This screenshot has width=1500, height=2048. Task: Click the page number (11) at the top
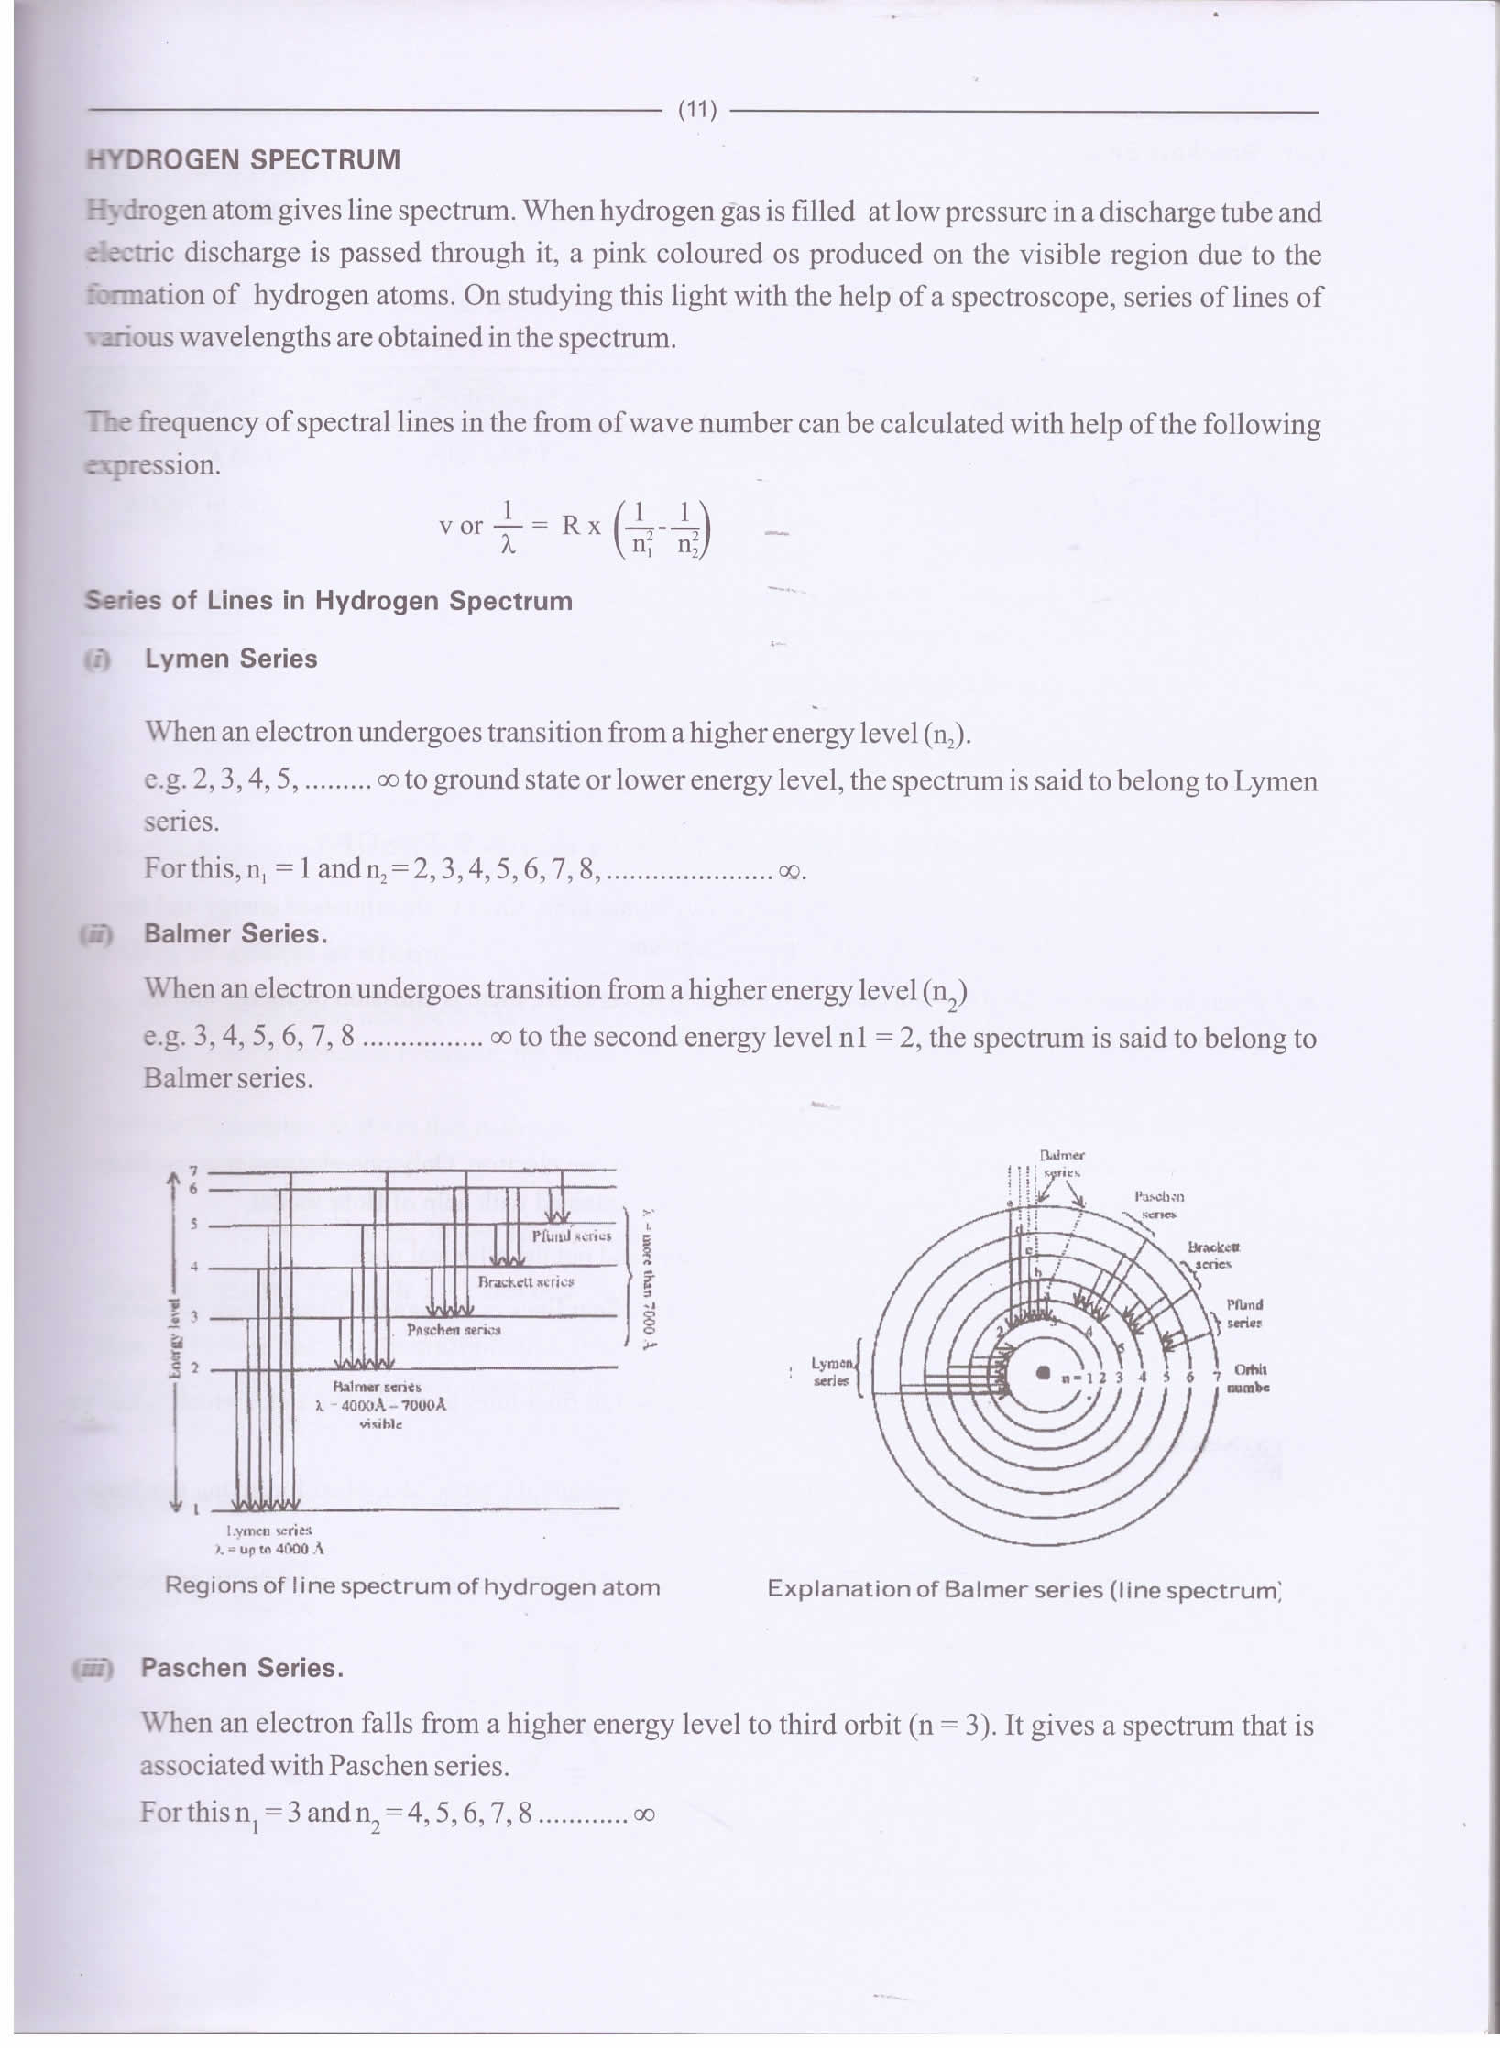[x=696, y=111]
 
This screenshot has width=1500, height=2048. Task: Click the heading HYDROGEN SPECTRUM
[x=243, y=159]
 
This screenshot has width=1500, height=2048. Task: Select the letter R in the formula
[x=571, y=526]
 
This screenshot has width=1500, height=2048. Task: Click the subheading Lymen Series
[x=230, y=659]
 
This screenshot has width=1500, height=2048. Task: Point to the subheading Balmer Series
[x=235, y=933]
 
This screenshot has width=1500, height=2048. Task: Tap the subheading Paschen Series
[x=242, y=1667]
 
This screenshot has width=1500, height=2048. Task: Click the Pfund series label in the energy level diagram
[x=571, y=1236]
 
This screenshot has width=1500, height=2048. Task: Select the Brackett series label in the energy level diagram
[x=526, y=1281]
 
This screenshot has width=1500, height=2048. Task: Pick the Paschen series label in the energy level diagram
[x=454, y=1329]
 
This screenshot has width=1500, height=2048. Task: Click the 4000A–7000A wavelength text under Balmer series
[x=380, y=1406]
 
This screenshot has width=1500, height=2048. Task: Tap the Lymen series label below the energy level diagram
[x=269, y=1531]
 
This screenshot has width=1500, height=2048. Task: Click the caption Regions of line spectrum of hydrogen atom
[x=412, y=1586]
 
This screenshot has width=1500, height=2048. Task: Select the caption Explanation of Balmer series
[x=1024, y=1588]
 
